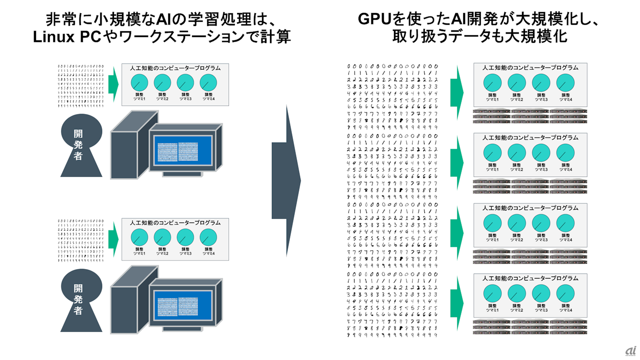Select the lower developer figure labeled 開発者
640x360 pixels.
[78, 298]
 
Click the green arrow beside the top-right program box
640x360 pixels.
[457, 92]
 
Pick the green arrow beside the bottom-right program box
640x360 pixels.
[457, 302]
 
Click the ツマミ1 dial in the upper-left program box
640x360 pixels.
[139, 83]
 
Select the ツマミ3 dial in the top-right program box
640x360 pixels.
[540, 83]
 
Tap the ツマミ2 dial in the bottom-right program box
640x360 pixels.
[516, 293]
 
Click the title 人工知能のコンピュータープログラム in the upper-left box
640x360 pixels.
[175, 67]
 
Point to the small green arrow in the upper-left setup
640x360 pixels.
[113, 84]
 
